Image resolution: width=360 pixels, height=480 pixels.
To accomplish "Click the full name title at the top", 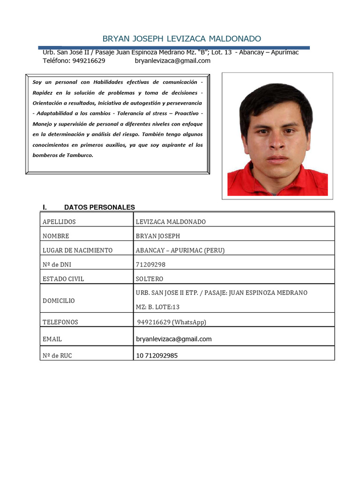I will click(x=182, y=38).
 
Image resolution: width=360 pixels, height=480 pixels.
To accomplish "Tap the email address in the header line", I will click(x=172, y=60).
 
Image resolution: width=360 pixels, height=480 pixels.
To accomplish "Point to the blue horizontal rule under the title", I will click(x=173, y=47).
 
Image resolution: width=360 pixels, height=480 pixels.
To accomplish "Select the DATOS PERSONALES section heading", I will click(x=99, y=207).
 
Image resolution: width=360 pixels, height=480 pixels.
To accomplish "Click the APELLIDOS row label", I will click(x=59, y=222).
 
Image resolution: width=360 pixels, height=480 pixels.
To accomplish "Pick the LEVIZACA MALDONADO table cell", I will click(x=171, y=222).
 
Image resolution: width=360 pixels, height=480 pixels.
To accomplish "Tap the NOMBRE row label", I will click(x=56, y=236).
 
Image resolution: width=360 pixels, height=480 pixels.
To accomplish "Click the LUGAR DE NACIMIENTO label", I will click(x=77, y=250).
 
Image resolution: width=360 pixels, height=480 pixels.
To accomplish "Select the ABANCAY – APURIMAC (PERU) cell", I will click(x=180, y=250).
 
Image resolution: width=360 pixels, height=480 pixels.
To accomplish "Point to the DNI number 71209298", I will click(x=150, y=264).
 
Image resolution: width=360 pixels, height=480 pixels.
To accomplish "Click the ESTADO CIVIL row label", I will click(x=63, y=279).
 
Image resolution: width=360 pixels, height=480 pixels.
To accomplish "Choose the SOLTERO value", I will click(x=150, y=279).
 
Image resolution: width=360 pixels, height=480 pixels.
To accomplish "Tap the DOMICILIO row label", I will click(x=59, y=300).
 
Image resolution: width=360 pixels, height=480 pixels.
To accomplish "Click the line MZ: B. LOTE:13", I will click(x=157, y=307).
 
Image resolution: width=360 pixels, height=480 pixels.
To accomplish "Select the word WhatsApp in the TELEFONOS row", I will click(x=189, y=322).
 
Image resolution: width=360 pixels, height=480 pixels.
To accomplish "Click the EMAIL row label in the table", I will click(x=52, y=339).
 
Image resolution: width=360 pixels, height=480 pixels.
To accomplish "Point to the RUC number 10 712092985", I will click(x=157, y=356).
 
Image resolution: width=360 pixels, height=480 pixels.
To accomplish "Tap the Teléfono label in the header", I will click(x=57, y=60).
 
